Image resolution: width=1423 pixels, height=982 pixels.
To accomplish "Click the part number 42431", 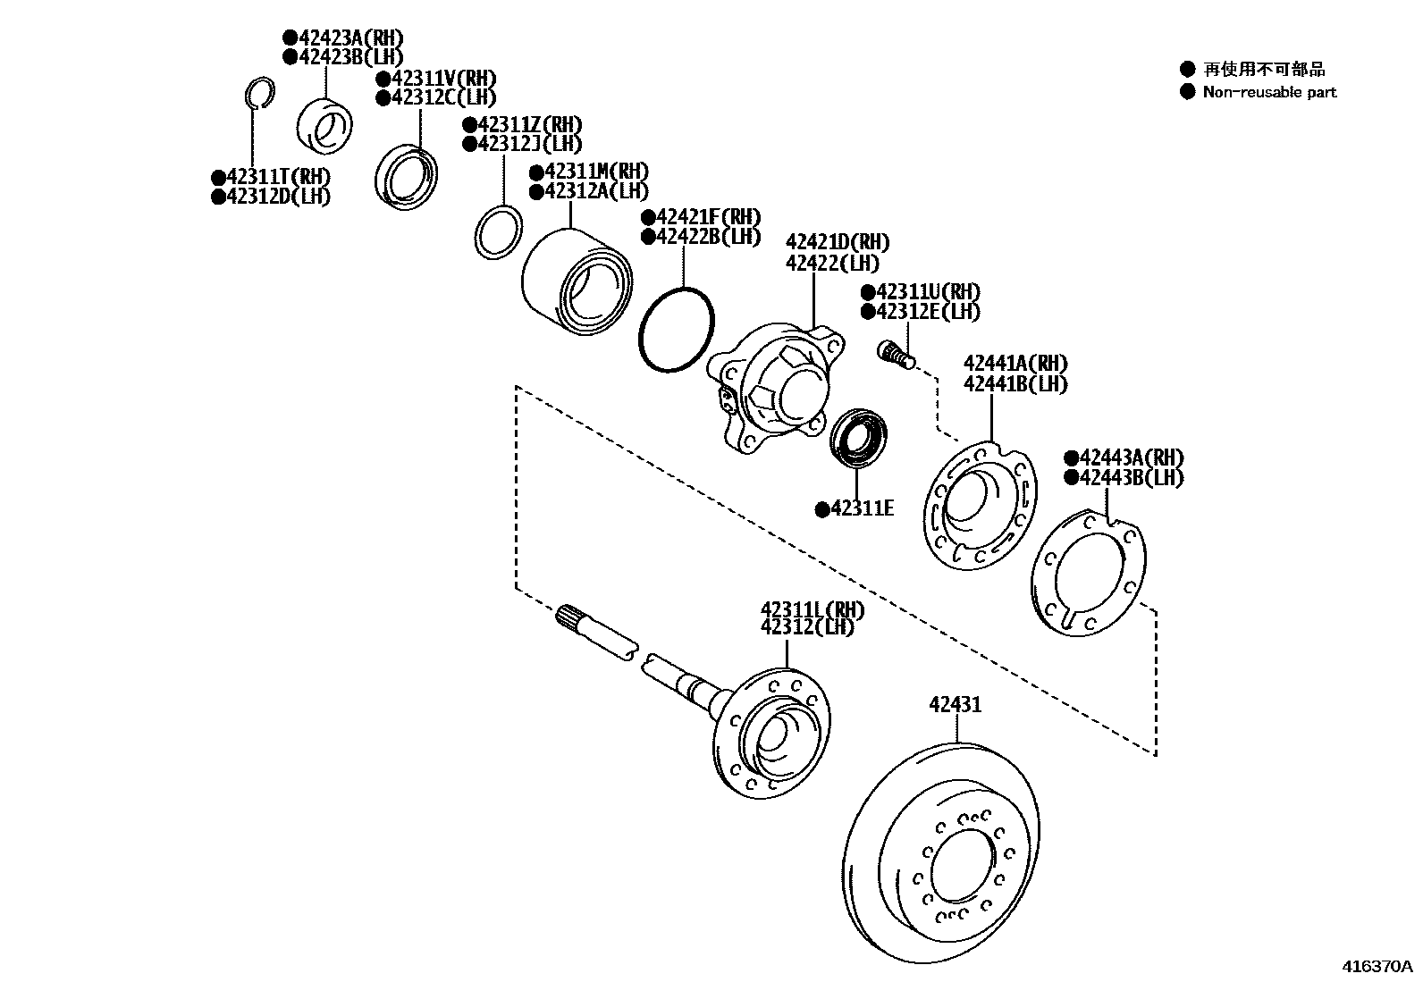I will click(955, 704).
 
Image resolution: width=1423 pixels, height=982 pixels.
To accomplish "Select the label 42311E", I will click(862, 508).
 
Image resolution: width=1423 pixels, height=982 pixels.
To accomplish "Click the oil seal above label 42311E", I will click(859, 437).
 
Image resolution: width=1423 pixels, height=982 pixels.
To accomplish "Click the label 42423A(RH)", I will click(349, 38).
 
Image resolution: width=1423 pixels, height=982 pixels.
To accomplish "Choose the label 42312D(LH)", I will click(278, 197).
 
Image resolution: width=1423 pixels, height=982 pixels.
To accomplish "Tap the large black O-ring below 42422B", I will click(677, 329).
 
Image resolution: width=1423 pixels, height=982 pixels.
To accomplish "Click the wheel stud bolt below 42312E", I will click(896, 354).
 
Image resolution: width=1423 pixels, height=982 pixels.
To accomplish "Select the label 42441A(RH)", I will click(1015, 364).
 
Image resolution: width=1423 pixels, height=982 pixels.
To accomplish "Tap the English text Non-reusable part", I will click(1269, 92).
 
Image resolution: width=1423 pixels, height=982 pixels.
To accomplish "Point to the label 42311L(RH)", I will click(813, 609).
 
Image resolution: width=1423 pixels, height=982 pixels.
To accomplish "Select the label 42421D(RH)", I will click(838, 243).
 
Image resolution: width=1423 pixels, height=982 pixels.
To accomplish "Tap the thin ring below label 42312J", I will click(497, 232).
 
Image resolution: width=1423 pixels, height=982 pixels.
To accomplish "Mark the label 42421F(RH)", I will click(707, 217).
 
